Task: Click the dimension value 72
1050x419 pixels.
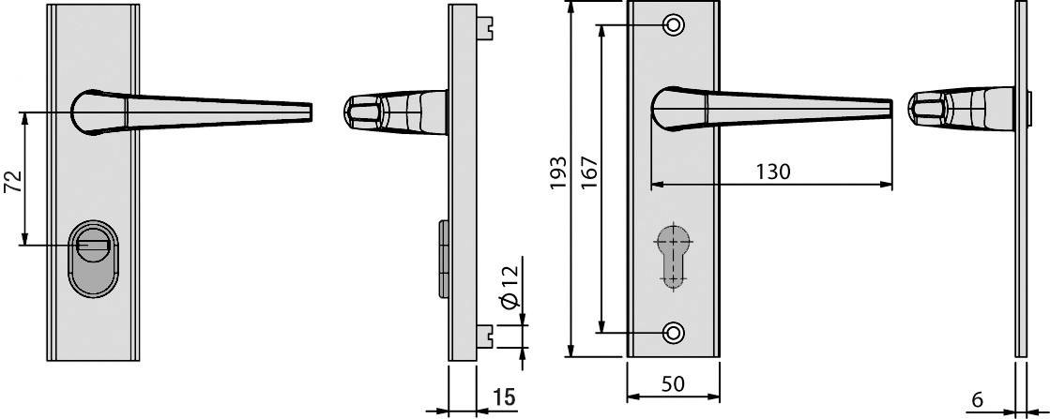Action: pos(12,180)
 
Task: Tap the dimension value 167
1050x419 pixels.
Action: pos(588,174)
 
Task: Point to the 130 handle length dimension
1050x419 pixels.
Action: pos(771,172)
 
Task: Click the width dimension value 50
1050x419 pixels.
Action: pos(672,384)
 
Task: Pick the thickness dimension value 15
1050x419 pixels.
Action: pos(503,397)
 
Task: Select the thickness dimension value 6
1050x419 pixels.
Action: pos(977,399)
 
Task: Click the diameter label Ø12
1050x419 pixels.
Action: pos(509,288)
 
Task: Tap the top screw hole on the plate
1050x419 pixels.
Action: pos(673,25)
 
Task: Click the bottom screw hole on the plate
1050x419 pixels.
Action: pos(673,332)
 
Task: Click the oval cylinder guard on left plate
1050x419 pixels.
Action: pos(91,259)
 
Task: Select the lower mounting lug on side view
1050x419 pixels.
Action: pos(485,333)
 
